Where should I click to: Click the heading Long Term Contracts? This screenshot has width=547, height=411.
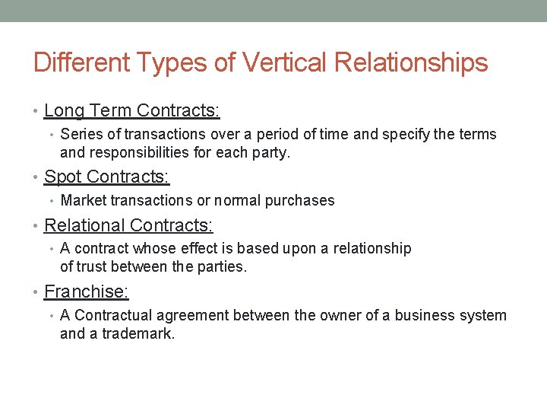click(132, 111)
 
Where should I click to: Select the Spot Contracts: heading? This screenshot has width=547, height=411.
click(107, 177)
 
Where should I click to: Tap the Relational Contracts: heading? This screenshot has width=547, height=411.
click(129, 225)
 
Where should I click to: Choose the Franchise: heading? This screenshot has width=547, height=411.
click(85, 292)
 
